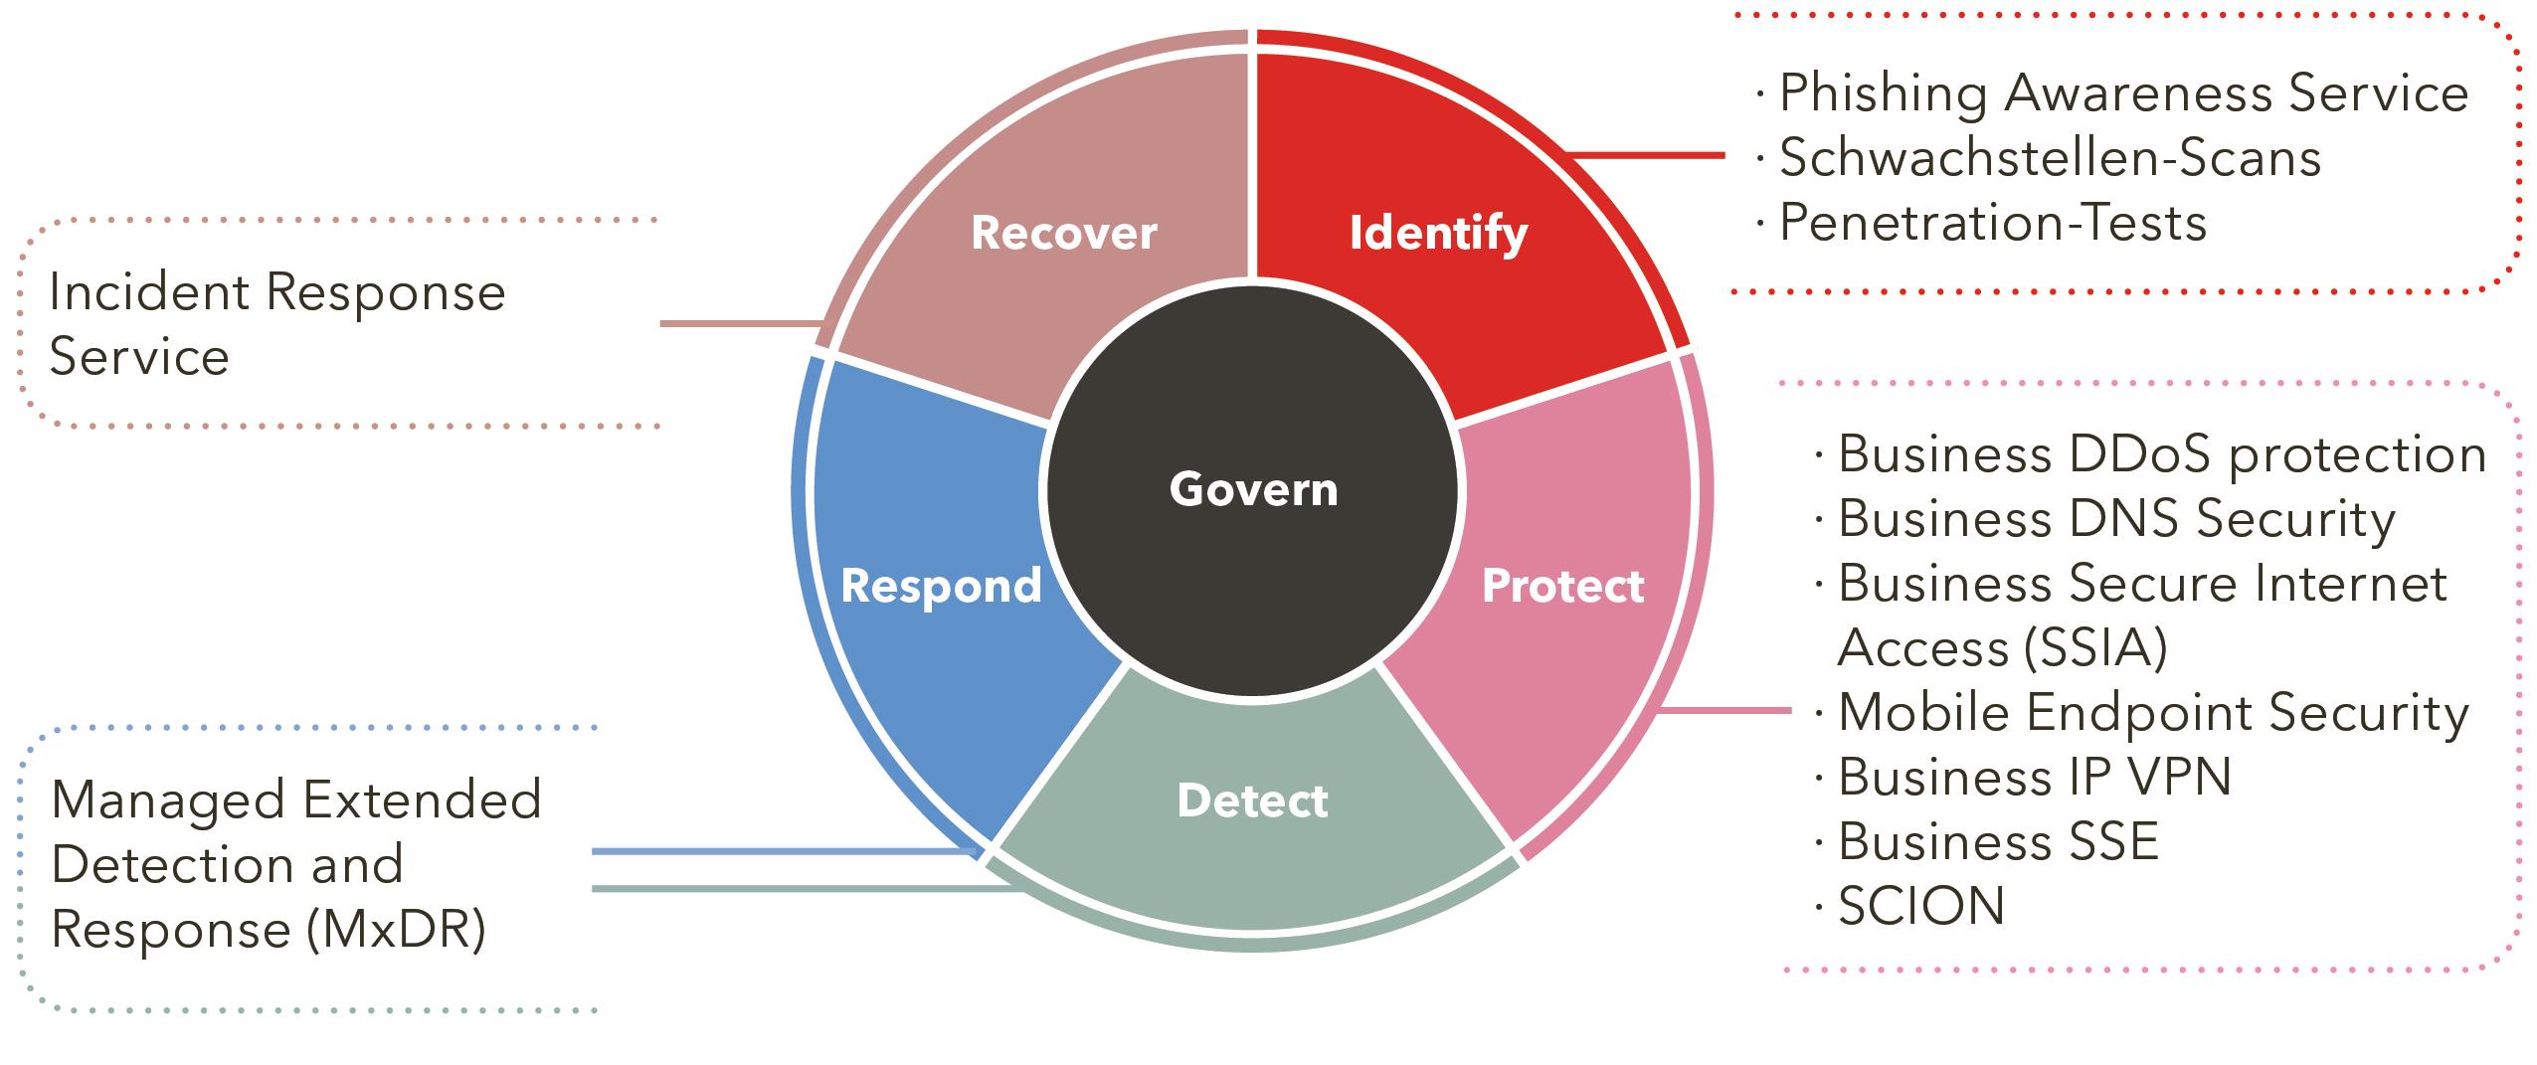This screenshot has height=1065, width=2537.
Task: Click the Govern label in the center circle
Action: (1253, 489)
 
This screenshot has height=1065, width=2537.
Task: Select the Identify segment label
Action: (1438, 233)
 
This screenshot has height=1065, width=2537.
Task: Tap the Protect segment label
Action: (1562, 586)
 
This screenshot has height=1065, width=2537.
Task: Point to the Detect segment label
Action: (1252, 801)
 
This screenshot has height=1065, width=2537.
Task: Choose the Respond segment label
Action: (941, 586)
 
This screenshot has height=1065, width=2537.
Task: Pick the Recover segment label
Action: (1063, 233)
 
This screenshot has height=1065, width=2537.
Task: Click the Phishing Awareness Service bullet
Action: (2122, 93)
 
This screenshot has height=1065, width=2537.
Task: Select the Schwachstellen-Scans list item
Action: (2049, 158)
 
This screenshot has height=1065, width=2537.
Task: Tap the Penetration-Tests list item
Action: (1992, 223)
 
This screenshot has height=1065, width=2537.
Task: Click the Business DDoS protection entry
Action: (2161, 454)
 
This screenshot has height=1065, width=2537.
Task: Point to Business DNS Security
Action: (2115, 519)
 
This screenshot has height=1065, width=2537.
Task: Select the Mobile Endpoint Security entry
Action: (2152, 713)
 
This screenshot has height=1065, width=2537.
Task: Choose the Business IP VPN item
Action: (2034, 777)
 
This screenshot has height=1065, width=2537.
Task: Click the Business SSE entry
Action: (1998, 841)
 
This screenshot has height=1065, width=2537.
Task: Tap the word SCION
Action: (1920, 906)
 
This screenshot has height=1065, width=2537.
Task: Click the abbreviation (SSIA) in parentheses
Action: (2093, 648)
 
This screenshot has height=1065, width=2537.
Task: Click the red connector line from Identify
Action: (1645, 155)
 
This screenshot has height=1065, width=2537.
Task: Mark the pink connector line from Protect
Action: (1725, 710)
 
